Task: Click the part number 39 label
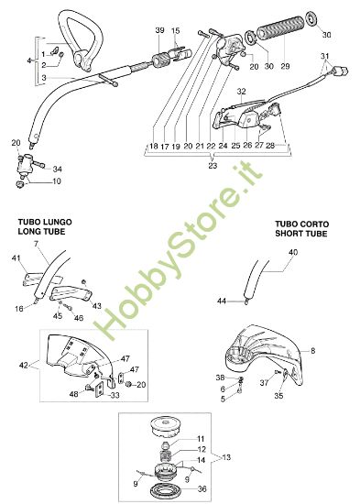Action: [x=159, y=32]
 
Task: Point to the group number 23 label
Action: [x=214, y=165]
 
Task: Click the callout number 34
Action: [x=58, y=169]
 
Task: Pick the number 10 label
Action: [x=56, y=181]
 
